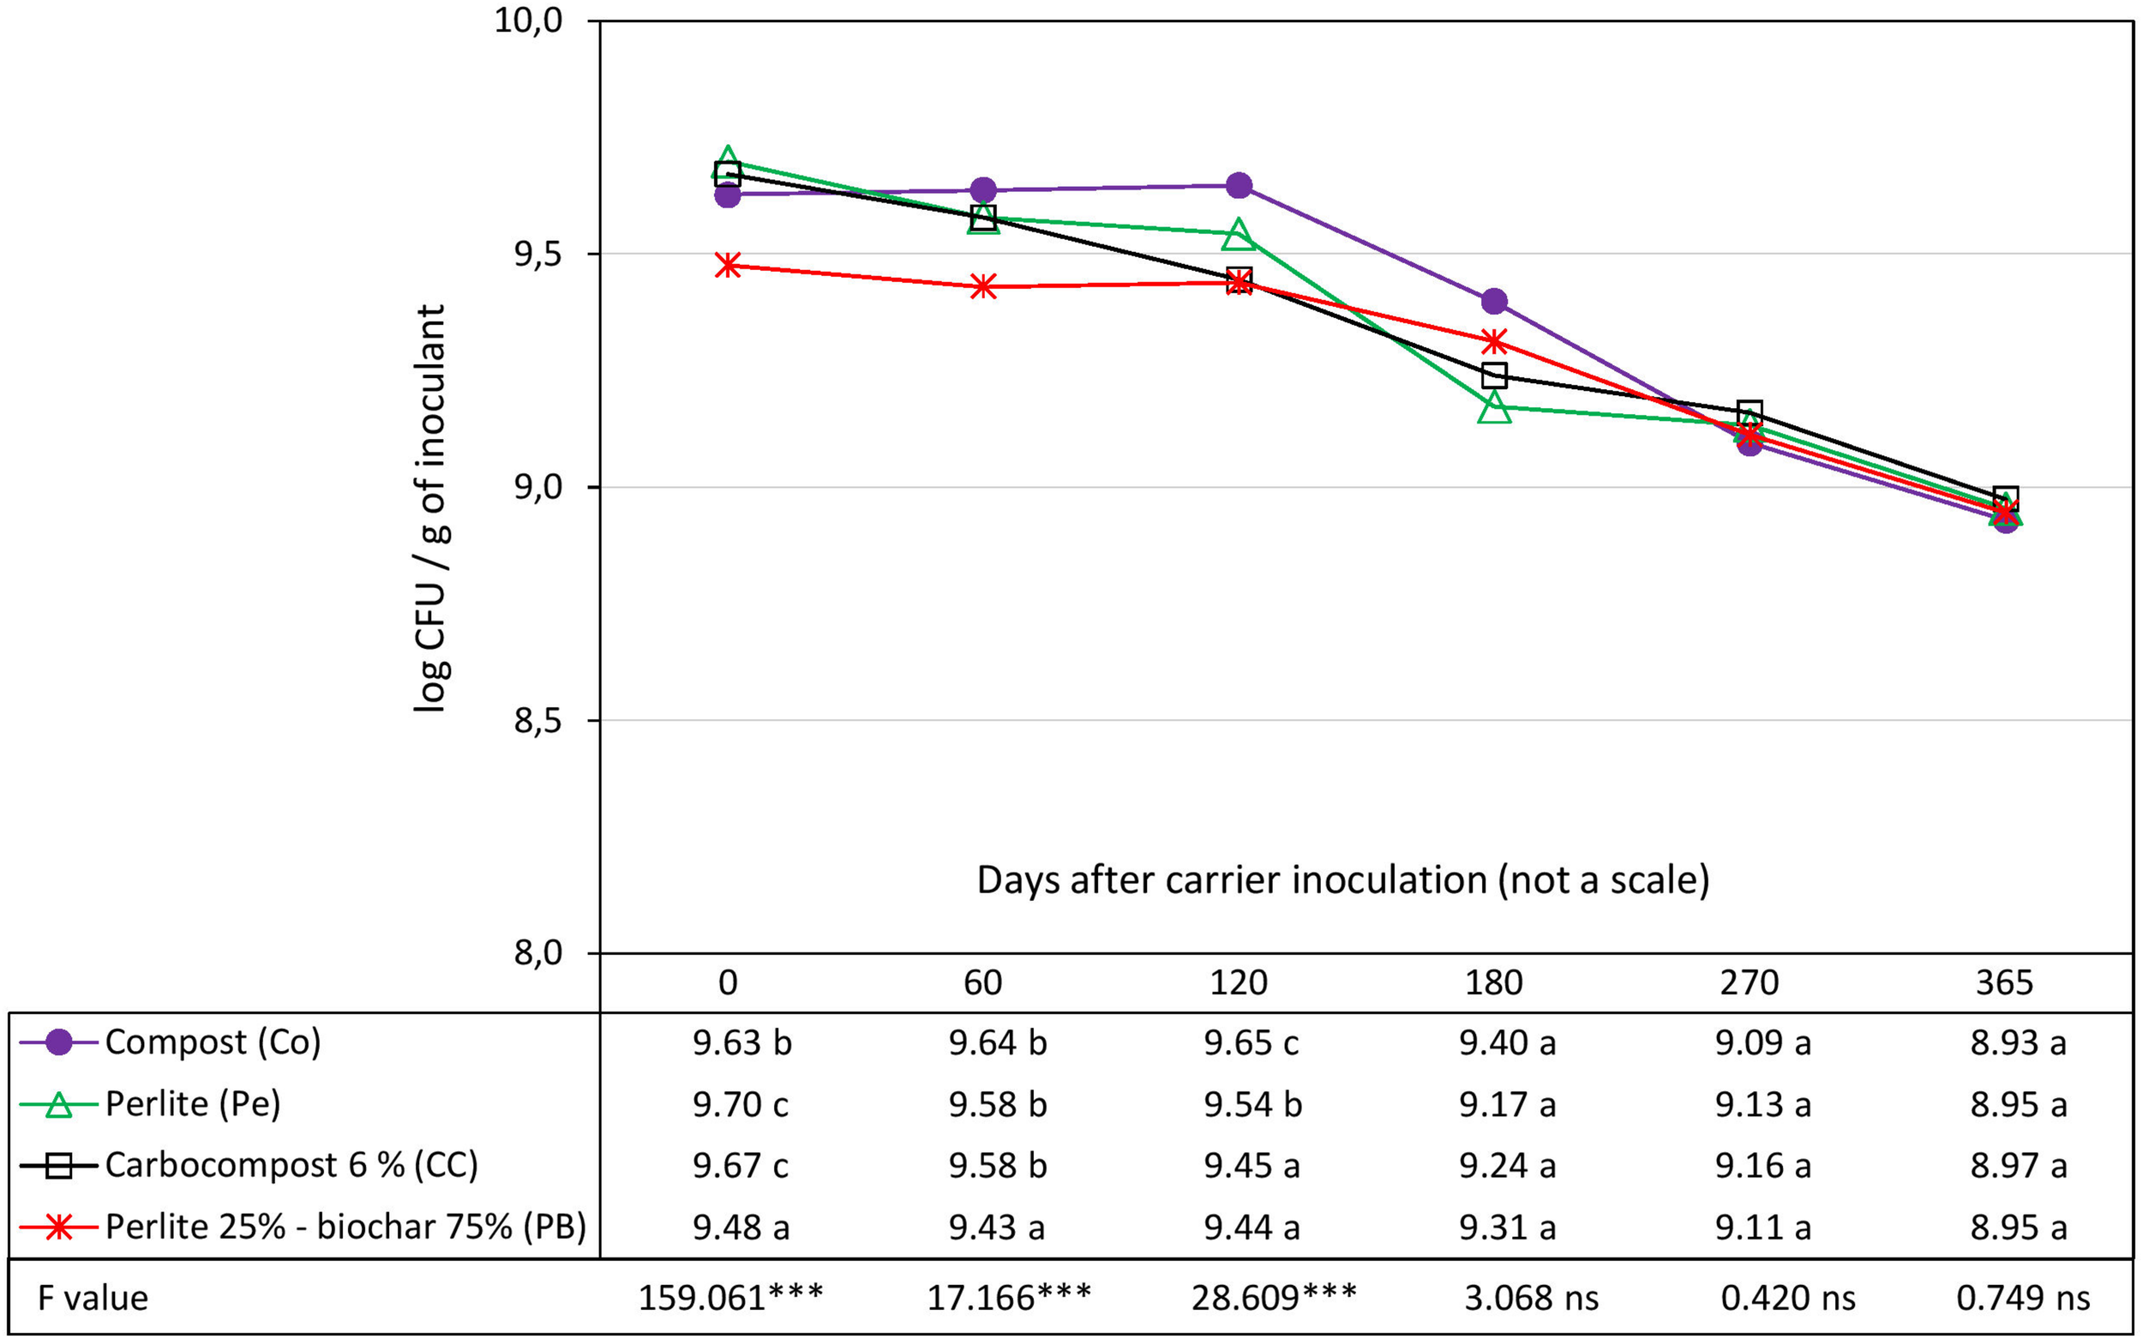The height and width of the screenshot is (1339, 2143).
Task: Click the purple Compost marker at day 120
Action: [1238, 186]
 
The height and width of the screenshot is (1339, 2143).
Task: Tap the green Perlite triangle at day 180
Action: [1494, 407]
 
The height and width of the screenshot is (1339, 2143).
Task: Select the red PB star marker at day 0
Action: [727, 265]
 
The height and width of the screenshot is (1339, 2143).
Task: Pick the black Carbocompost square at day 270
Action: [1750, 412]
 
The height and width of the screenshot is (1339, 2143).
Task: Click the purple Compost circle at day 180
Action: [1494, 301]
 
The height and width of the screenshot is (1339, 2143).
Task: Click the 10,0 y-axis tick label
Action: [529, 21]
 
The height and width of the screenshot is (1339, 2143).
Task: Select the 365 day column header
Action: [2005, 983]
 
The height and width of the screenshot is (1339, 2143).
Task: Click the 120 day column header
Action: [1238, 983]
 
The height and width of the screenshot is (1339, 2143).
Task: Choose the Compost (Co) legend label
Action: [213, 1042]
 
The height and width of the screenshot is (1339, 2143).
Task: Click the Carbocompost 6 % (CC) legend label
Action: [291, 1166]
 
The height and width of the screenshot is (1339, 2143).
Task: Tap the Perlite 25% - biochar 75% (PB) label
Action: [345, 1228]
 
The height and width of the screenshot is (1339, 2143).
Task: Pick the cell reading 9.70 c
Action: [741, 1104]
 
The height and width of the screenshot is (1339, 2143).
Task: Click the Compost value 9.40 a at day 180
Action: [1507, 1043]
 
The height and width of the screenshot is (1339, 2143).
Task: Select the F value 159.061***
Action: [730, 1298]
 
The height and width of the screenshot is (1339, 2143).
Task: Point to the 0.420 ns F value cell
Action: [1788, 1298]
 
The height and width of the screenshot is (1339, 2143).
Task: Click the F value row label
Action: [93, 1298]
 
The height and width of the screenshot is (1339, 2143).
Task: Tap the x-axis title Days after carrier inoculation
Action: [1342, 880]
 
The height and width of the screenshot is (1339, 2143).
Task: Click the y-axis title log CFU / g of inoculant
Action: [431, 508]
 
